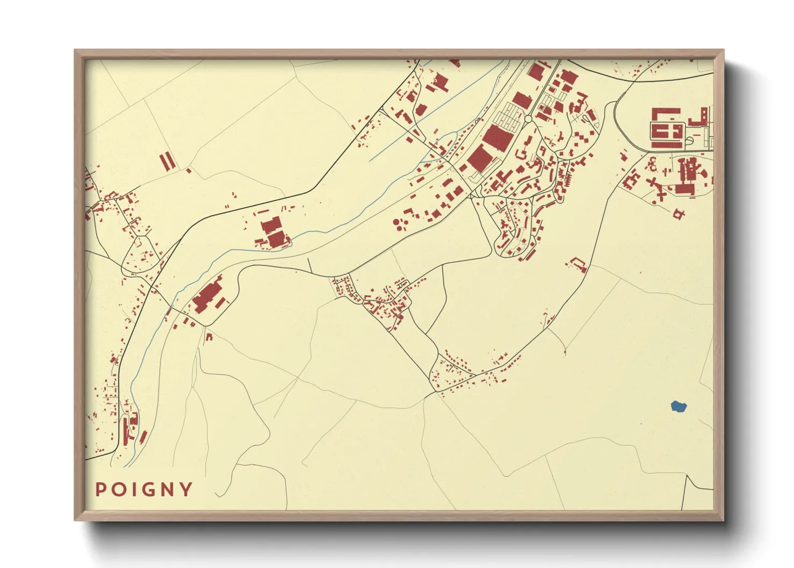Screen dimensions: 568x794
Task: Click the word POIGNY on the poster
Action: tap(144, 490)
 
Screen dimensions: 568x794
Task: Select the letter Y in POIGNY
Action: tap(186, 490)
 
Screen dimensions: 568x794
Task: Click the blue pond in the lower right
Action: tap(679, 406)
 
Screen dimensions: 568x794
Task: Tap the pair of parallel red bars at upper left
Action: tap(167, 161)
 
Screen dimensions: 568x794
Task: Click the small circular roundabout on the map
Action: tap(527, 119)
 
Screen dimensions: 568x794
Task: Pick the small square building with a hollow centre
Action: tap(679, 214)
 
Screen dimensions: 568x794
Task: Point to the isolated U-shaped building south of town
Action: tap(578, 264)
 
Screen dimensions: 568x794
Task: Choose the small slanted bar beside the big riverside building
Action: tap(220, 304)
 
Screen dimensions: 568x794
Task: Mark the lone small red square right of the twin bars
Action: tap(189, 171)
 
